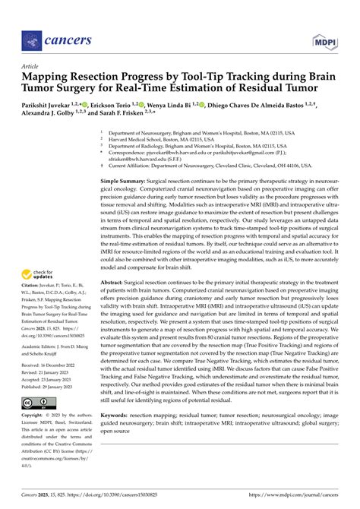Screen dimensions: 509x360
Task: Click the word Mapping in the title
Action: tap(49, 76)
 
